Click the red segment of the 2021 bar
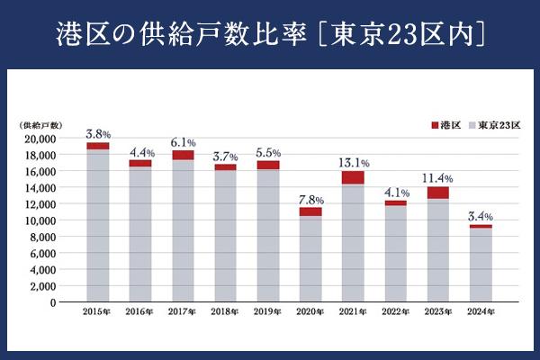pos(353,178)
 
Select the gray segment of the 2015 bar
pos(98,225)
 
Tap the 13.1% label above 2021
pos(353,163)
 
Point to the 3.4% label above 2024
pos(481,217)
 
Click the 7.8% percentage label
pos(310,199)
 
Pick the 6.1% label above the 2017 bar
pos(183,142)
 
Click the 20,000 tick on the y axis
pos(38,139)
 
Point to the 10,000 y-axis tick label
pos(38,220)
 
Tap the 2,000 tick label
pos(40,286)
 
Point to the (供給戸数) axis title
pos(38,124)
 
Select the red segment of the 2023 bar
pos(438,193)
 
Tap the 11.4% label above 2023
pos(438,177)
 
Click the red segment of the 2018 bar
pos(226,167)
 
